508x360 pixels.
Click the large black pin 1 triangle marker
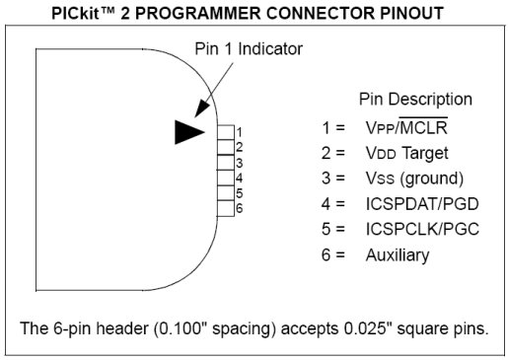click(x=187, y=132)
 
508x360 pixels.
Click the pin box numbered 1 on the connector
click(x=226, y=132)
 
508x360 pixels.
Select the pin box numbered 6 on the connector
click(x=226, y=208)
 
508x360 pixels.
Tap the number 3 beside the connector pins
click(x=239, y=163)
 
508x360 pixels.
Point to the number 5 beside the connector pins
click(x=239, y=193)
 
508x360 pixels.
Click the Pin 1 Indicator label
click(x=249, y=49)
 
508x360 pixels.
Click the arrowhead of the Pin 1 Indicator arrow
click(x=201, y=108)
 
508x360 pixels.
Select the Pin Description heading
click(x=415, y=99)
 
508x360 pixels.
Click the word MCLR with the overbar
click(x=423, y=127)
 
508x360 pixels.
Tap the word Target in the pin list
click(x=425, y=153)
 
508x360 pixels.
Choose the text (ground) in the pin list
click(x=432, y=179)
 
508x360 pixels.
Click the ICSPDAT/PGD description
click(x=422, y=204)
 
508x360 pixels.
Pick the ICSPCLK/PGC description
click(x=422, y=229)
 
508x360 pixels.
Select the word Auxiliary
click(x=398, y=255)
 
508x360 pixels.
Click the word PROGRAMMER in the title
click(x=198, y=14)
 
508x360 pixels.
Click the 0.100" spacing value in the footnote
click(x=214, y=328)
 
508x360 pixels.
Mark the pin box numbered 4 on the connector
click(x=226, y=178)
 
